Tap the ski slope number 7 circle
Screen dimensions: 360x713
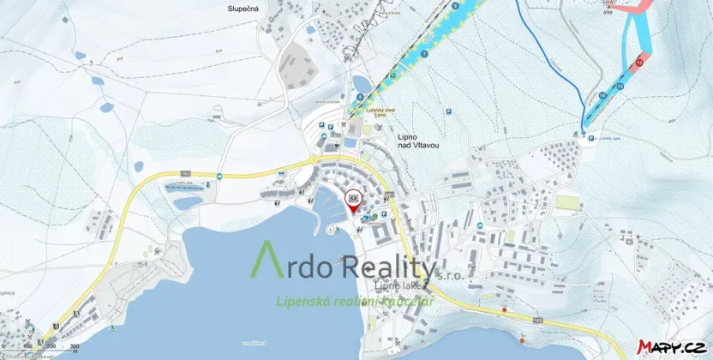tap(425, 54)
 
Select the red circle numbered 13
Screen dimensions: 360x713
tap(639, 63)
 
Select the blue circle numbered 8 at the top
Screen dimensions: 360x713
tap(455, 6)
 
